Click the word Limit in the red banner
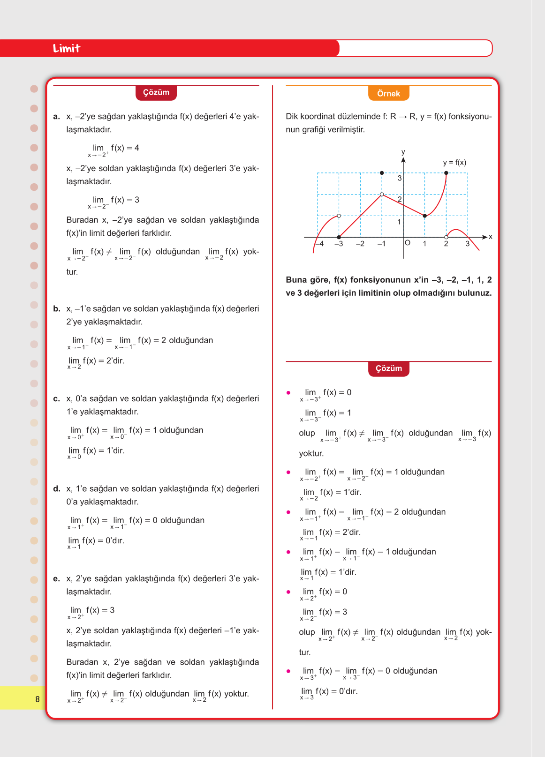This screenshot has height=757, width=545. pyautogui.click(x=66, y=48)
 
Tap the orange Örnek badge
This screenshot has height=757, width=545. pyautogui.click(x=388, y=93)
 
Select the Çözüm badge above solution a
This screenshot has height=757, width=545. pyautogui.click(x=156, y=92)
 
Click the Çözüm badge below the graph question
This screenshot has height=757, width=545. pyautogui.click(x=388, y=368)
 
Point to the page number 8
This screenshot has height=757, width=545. pyautogui.click(x=38, y=699)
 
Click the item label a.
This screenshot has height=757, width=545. pyautogui.click(x=56, y=117)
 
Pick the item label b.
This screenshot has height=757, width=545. pyautogui.click(x=57, y=309)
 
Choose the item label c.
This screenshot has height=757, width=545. pyautogui.click(x=56, y=399)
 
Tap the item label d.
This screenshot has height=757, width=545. pyautogui.click(x=57, y=489)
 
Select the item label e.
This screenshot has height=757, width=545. pyautogui.click(x=56, y=579)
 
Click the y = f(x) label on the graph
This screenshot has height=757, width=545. pyautogui.click(x=454, y=163)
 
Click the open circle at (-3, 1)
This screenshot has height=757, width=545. pyautogui.click(x=339, y=216)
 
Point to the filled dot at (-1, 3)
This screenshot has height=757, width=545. pyautogui.click(x=382, y=173)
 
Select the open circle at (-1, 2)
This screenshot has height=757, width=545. pyautogui.click(x=382, y=195)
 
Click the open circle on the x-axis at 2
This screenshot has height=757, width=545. pyautogui.click(x=446, y=237)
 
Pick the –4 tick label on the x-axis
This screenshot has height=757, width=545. pyautogui.click(x=319, y=244)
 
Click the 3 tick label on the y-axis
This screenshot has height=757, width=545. pyautogui.click(x=400, y=178)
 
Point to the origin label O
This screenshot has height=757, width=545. pyautogui.click(x=408, y=243)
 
